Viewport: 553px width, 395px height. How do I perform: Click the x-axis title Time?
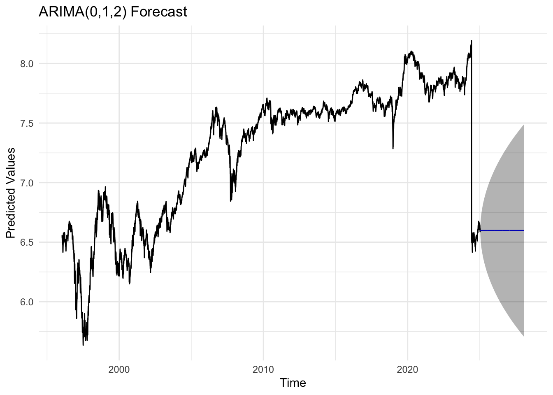pos(293,383)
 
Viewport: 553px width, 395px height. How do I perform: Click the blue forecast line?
pos(502,230)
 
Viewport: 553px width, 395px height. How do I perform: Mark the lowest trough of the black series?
pos(83,345)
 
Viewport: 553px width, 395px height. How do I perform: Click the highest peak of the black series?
pos(471,41)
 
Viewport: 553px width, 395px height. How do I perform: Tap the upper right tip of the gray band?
pos(523,125)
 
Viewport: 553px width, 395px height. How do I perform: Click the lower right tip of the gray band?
pos(523,336)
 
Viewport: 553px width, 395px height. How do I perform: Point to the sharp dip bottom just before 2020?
pos(393,148)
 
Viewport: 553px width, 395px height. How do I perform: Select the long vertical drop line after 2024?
pos(471,144)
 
